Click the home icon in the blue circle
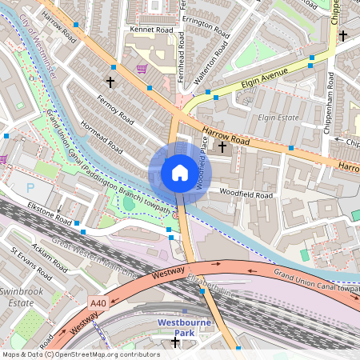point(179,173)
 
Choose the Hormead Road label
point(101,136)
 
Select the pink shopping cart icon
point(142,70)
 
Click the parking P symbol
point(31,186)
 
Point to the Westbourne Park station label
point(185,330)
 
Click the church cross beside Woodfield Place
point(222,146)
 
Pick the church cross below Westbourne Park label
point(176,343)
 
